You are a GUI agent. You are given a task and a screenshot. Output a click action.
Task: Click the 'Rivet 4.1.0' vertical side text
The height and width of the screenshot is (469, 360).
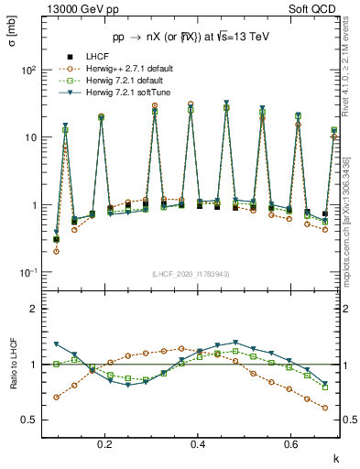click(353, 78)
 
